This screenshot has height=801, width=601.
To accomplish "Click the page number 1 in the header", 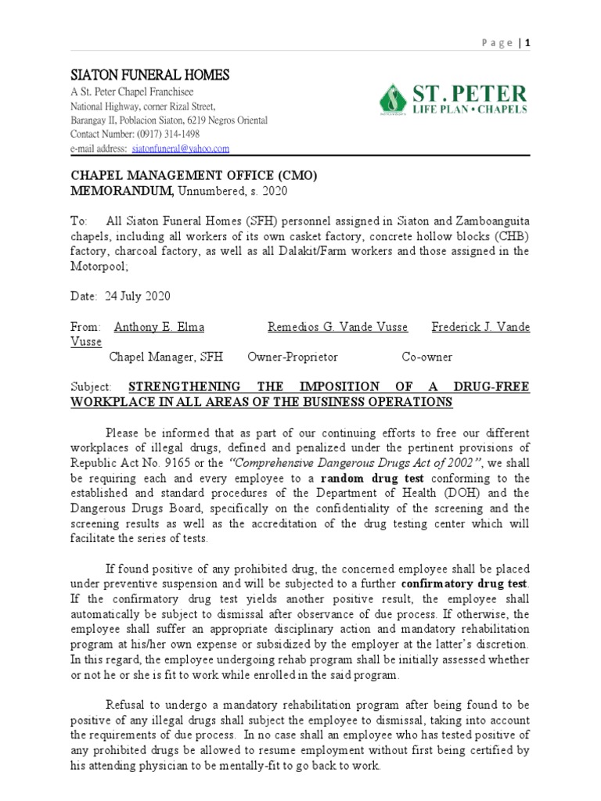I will [528, 43].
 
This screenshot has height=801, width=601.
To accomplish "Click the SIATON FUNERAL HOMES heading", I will [150, 75].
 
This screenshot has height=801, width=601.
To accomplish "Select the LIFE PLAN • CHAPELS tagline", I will [469, 110].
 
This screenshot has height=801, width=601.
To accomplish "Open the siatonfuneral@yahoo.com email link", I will [180, 149].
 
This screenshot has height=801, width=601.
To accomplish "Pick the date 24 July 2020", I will [134, 296].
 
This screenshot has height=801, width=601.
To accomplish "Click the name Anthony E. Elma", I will [160, 327].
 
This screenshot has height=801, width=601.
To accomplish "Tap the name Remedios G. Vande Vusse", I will [338, 327].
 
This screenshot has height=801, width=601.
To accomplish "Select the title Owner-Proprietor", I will [292, 357].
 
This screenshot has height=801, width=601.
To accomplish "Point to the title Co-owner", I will [426, 357].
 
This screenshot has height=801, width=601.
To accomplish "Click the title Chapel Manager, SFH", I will [166, 357].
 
